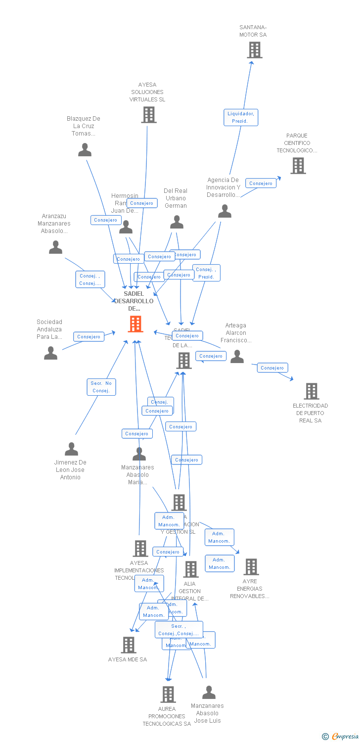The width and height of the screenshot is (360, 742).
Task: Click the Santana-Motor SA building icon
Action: point(254,50)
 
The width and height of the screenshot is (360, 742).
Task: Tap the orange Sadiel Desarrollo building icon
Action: point(135,324)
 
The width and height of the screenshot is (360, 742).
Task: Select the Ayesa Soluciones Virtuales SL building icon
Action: point(148,115)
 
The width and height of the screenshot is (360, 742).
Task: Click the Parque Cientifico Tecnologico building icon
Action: point(298,166)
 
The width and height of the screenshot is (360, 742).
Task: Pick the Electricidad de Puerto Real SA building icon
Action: point(311,391)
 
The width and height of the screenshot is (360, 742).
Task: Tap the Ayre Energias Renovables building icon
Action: point(251,567)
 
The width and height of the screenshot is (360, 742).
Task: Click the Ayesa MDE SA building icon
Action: point(129,645)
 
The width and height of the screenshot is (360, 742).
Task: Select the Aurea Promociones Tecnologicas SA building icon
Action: point(168,695)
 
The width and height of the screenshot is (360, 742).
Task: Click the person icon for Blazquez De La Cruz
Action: point(85,150)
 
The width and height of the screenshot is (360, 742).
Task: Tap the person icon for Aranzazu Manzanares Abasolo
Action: point(55,247)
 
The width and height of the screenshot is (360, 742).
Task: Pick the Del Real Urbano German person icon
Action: point(177,223)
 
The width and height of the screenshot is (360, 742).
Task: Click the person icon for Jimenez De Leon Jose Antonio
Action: point(71,449)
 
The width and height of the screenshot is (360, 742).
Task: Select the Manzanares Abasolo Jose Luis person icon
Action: point(209,693)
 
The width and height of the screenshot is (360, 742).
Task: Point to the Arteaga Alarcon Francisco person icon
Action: point(237,357)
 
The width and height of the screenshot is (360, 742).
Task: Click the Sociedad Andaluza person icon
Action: point(50,353)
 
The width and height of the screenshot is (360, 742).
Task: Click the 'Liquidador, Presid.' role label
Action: point(240,117)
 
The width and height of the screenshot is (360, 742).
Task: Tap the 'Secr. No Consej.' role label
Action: point(101,387)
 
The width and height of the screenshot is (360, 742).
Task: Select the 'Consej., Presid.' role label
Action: point(206,273)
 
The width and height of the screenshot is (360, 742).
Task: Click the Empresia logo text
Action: point(345,737)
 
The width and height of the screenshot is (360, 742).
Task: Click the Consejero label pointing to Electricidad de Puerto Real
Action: point(272,368)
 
